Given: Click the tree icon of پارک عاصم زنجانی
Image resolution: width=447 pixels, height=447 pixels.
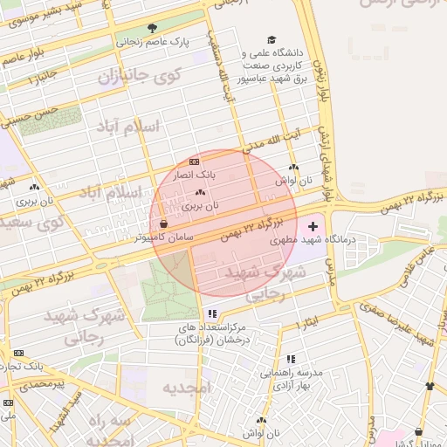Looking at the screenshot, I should [x=154, y=27].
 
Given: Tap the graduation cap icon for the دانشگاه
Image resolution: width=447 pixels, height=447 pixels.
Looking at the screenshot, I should [x=272, y=40].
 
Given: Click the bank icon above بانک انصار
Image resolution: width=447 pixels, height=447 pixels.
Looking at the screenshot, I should [x=194, y=162].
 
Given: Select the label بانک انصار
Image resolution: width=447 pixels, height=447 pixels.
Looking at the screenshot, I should [x=195, y=175].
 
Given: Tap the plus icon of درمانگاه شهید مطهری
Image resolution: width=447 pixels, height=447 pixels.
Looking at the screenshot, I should [x=313, y=226].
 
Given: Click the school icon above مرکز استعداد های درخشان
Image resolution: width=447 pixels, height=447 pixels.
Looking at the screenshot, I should [x=211, y=313].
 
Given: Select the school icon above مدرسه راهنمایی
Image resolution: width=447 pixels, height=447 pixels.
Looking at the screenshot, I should [x=291, y=359].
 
